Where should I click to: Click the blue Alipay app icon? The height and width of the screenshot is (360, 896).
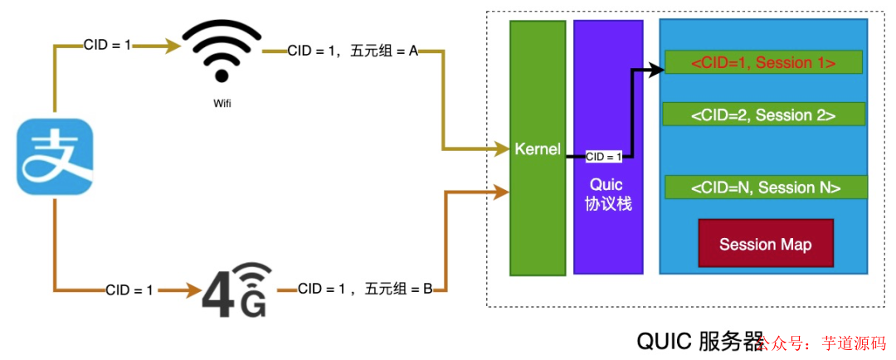click(x=55, y=158)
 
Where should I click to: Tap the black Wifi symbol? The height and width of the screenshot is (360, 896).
click(x=222, y=51)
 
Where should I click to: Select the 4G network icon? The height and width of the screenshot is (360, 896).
click(x=236, y=291)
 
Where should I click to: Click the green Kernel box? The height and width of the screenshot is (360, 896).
click(x=536, y=149)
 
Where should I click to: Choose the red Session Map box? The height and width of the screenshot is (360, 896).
click(x=765, y=244)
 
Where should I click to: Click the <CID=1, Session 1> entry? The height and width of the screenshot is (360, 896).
click(x=763, y=63)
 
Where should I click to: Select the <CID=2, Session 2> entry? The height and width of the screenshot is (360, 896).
click(x=763, y=114)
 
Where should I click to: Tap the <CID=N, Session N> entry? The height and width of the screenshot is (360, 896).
click(x=765, y=187)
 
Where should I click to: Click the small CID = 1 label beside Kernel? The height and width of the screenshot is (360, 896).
click(x=603, y=157)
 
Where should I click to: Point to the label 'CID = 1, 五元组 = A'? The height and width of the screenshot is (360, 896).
click(x=352, y=51)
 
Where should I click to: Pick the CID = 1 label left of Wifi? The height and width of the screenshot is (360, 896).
click(x=107, y=45)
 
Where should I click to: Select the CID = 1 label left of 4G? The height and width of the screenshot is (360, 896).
click(x=129, y=289)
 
